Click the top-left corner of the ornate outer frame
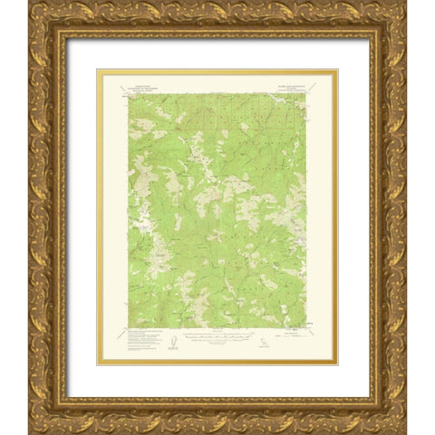click(x=30, y=3)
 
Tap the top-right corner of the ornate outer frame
click(x=405, y=3)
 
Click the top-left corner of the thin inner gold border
click(x=98, y=71)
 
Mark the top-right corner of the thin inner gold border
click(x=337, y=71)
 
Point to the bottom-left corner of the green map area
click(x=128, y=327)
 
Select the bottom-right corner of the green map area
click(x=307, y=327)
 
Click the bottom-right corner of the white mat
click(x=369, y=397)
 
